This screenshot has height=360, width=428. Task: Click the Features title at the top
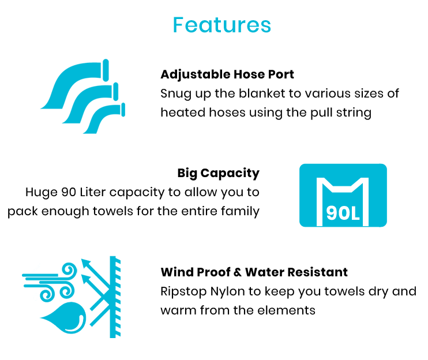pos(221,25)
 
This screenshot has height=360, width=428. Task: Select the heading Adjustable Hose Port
pos(227,74)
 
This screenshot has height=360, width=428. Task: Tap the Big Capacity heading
pos(219,173)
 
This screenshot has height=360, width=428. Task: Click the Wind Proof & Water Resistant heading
pos(254,272)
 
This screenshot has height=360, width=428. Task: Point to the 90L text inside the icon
pos(343,213)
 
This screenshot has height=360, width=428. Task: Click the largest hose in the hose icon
pos(74,82)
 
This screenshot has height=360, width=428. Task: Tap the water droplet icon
pos(64,318)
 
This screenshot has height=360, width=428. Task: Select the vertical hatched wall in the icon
pos(115,297)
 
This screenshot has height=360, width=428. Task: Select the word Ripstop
pos(183,291)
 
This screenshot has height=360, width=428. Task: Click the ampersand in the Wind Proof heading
pos(238,272)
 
